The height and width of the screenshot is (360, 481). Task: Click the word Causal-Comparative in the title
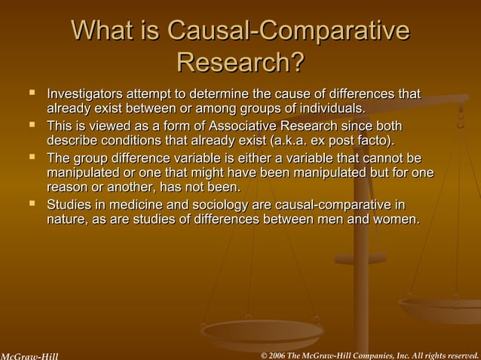click(x=289, y=32)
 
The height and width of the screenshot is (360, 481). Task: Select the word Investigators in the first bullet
click(x=84, y=95)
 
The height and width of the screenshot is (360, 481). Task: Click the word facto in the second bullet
click(x=376, y=141)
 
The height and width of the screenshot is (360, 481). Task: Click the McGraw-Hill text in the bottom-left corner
click(x=29, y=355)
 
